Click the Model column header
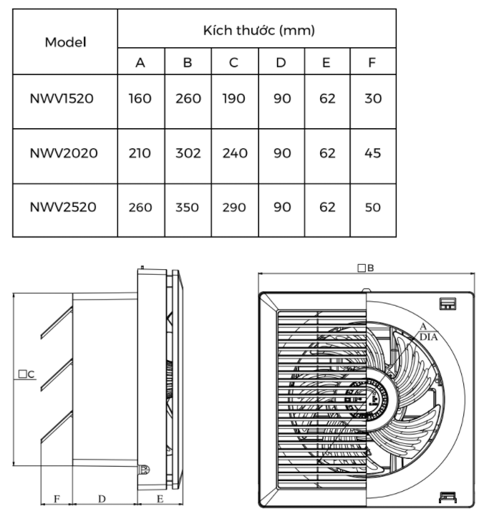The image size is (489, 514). [x=65, y=42]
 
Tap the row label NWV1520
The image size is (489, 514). [x=62, y=98]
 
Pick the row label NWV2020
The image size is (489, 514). [x=64, y=152]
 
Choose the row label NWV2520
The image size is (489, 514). [x=63, y=207]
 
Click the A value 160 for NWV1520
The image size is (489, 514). [x=140, y=98]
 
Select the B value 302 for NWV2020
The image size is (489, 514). [x=188, y=152]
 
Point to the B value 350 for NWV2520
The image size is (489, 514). [x=188, y=208]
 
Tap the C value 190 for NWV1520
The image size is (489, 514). [x=234, y=98]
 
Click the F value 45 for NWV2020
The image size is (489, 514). [x=372, y=152]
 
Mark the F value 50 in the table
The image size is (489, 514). [x=372, y=208]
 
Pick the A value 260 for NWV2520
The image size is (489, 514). [x=140, y=208]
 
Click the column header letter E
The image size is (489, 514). [x=326, y=62]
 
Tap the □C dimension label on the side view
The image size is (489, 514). [x=27, y=374]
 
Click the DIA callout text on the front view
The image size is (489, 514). [x=429, y=336]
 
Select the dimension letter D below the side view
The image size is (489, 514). [x=102, y=497]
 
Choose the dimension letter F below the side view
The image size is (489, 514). [x=57, y=497]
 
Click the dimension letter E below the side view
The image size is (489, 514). [x=160, y=497]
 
